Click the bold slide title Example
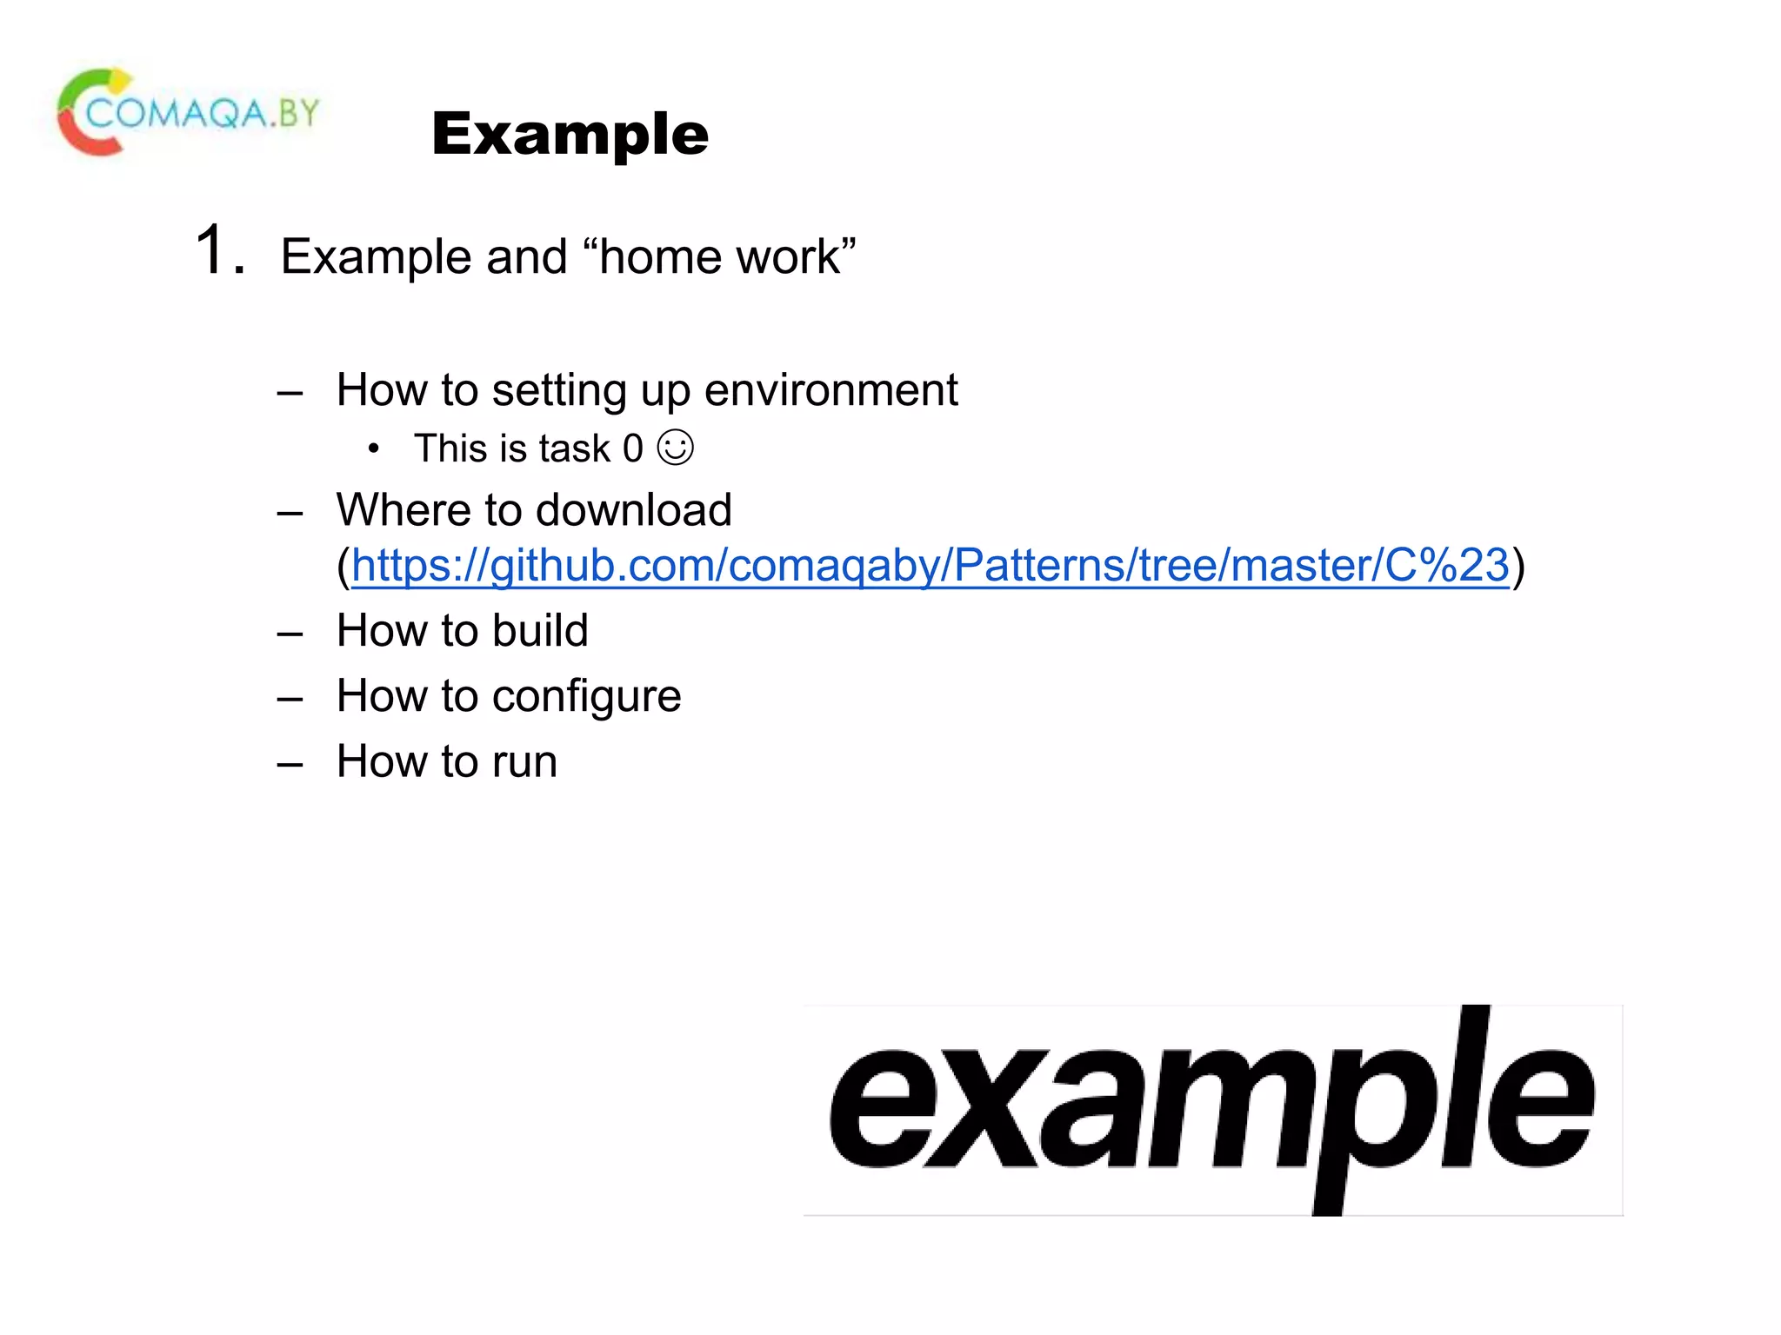pos(570,135)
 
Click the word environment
pos(830,390)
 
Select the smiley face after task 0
pos(675,448)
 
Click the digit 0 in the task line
pos(632,449)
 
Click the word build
pos(540,630)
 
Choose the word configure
pos(587,697)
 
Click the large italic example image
pos(1212,1110)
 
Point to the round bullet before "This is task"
pos(373,449)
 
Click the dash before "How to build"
pos(290,634)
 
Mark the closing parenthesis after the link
pos(1518,567)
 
